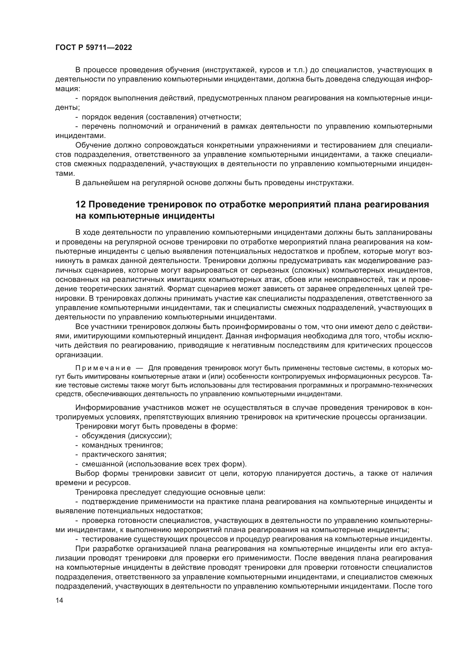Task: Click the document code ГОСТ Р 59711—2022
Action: point(94,48)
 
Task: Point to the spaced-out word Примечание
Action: point(103,368)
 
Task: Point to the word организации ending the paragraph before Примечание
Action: point(79,355)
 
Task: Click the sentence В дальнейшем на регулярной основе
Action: point(214,183)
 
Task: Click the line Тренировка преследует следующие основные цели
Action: point(170,492)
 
